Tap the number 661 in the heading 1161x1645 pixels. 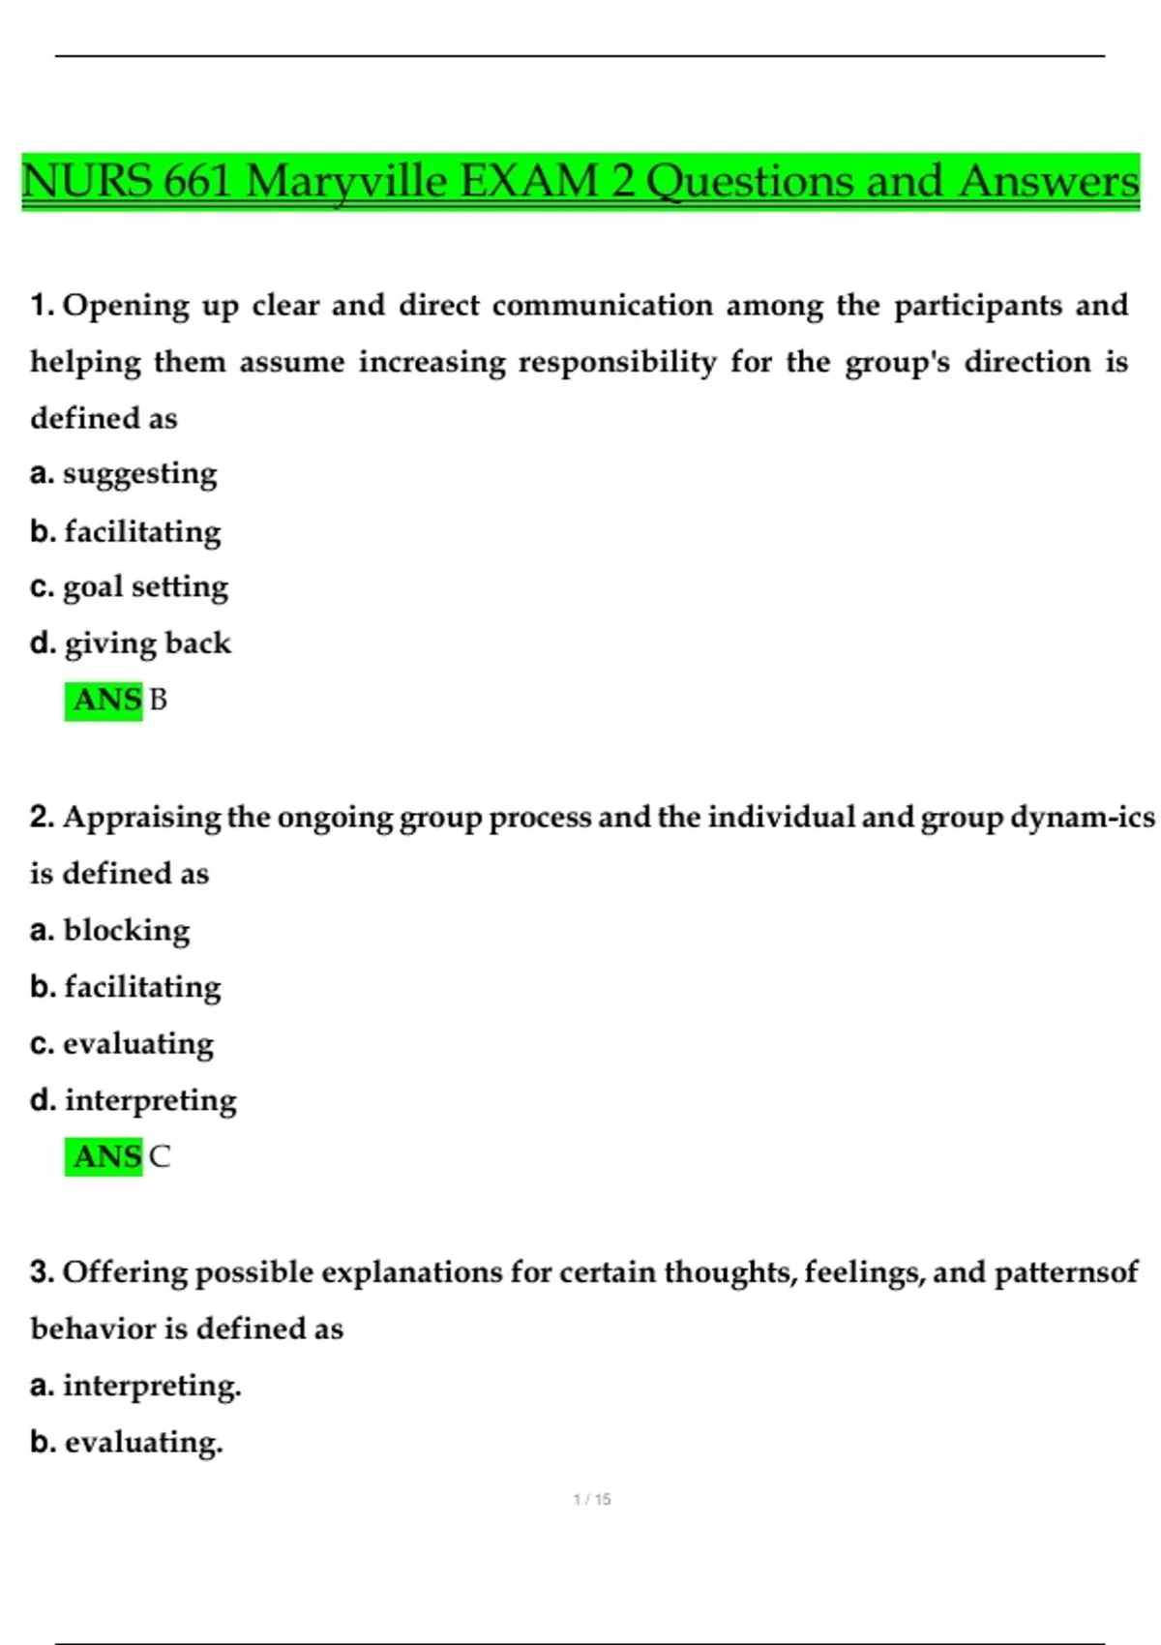197,182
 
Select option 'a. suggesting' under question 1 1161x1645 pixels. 124,474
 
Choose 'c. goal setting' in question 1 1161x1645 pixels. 130,587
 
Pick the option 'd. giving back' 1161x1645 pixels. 131,643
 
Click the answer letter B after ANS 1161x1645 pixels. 159,700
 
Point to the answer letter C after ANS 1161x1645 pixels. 160,1156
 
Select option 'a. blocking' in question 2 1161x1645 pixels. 110,930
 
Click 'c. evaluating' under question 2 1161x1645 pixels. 122,1044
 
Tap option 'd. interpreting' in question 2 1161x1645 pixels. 134,1100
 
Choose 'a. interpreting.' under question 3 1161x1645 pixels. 135,1386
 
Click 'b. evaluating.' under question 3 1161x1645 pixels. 127,1443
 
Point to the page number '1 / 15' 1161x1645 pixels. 592,1499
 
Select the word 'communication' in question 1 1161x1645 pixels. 602,306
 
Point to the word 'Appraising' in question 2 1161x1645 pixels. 142,818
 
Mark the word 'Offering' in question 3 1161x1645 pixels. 124,1272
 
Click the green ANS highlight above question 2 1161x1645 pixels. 104,700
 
